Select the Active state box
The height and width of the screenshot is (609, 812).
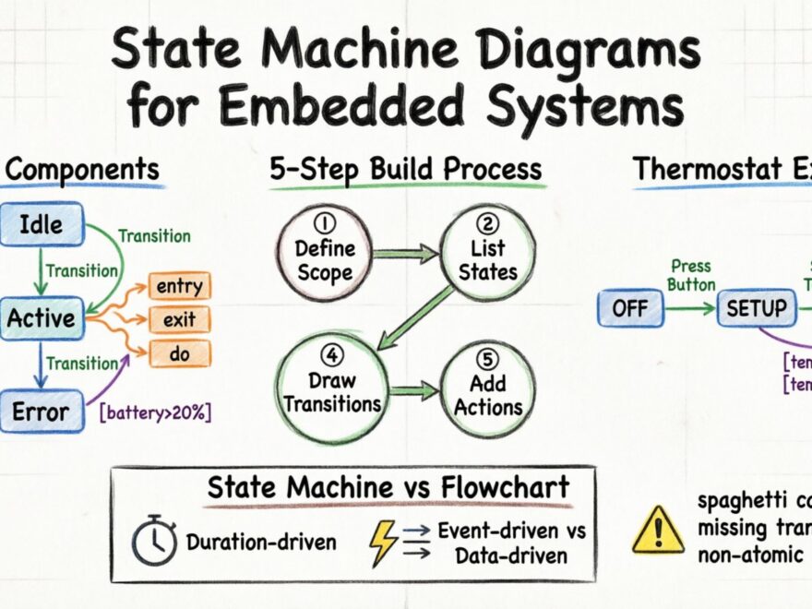coord(42,318)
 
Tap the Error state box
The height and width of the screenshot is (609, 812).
coord(41,412)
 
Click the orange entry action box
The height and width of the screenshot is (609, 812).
coord(179,287)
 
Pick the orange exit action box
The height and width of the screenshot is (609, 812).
coord(179,320)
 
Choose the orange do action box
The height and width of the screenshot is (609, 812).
coord(179,352)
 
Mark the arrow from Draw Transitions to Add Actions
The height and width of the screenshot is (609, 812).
coord(412,391)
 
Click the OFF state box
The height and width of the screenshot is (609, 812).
coord(630,308)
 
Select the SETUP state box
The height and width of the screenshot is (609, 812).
coord(756,308)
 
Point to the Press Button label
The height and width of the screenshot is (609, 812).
coord(691,275)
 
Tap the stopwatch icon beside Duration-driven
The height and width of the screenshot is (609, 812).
coord(154,542)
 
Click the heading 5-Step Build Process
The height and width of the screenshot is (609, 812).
coord(406,170)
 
